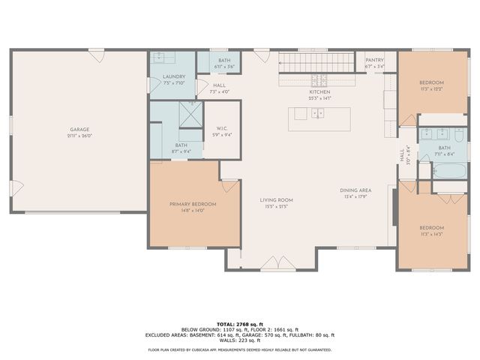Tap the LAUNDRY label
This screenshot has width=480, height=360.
pyautogui.click(x=173, y=76)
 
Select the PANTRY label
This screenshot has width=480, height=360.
pyautogui.click(x=374, y=60)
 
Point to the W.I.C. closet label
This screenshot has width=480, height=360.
pyautogui.click(x=221, y=128)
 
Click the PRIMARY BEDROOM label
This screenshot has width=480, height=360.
pyautogui.click(x=193, y=204)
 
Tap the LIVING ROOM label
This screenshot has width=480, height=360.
pyautogui.click(x=276, y=200)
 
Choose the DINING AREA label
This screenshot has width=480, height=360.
pyautogui.click(x=355, y=190)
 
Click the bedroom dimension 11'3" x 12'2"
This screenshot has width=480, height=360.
pyautogui.click(x=431, y=88)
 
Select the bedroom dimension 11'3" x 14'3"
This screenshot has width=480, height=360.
pyautogui.click(x=431, y=234)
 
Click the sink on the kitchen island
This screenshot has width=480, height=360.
pyautogui.click(x=318, y=114)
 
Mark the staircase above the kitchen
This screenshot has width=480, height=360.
pyautogui.click(x=315, y=61)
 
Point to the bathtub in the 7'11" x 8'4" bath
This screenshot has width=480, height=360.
pyautogui.click(x=449, y=171)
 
